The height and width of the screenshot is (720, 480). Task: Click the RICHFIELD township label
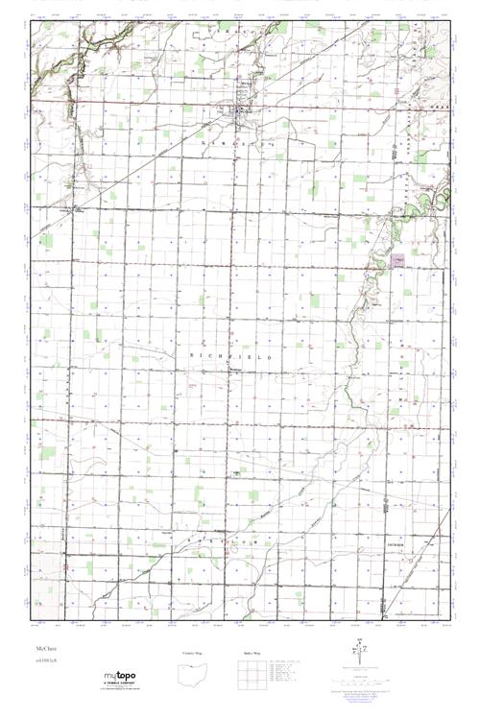click(x=233, y=356)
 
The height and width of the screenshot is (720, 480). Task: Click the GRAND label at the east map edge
click(x=441, y=106)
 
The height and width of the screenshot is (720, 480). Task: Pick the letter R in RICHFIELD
click(x=194, y=356)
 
